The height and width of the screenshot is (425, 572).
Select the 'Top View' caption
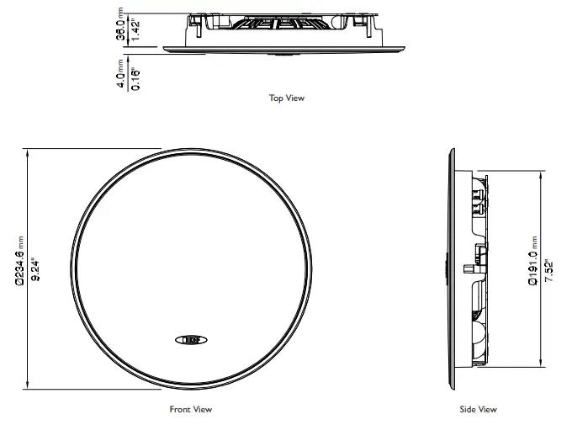point(286,98)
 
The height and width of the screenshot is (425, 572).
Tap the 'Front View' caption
point(190,410)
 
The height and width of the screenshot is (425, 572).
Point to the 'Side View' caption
point(478,410)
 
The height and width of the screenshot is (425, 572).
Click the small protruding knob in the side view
point(467,270)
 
